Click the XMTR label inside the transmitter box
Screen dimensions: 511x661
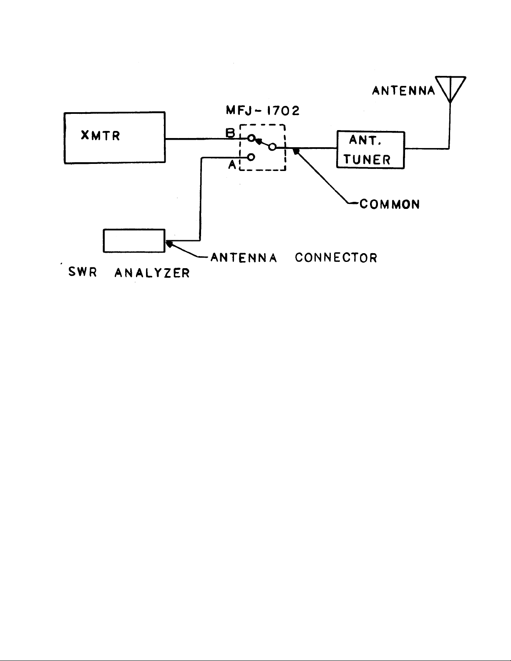[101, 136]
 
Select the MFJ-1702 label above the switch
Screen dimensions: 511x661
[263, 111]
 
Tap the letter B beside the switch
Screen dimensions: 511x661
[230, 133]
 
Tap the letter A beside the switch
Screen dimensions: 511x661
[232, 165]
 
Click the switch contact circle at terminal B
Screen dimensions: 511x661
[251, 138]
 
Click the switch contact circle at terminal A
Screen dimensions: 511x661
[251, 157]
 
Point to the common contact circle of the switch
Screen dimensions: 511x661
[272, 147]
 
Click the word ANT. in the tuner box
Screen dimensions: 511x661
[365, 140]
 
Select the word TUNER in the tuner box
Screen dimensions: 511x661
[367, 160]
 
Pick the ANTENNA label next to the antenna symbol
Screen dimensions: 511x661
[404, 90]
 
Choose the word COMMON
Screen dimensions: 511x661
[390, 204]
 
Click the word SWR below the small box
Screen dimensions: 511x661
[83, 272]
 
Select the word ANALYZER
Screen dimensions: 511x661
[152, 273]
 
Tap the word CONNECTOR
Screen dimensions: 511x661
[336, 258]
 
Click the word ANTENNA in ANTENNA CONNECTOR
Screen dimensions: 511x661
[244, 258]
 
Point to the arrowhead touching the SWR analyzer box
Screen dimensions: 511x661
[169, 244]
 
